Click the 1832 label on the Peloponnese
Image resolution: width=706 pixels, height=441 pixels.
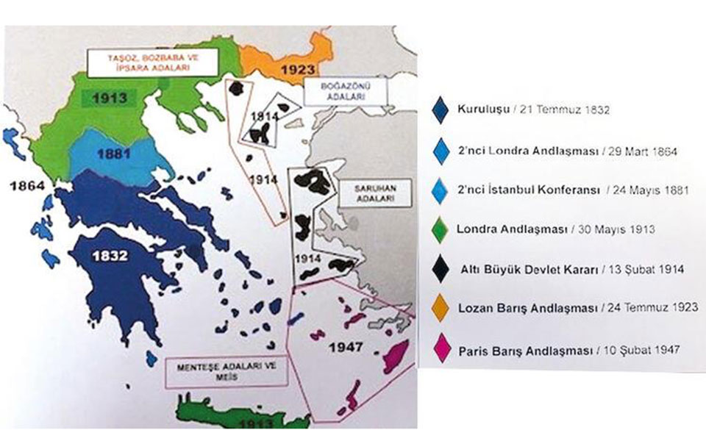[111, 257]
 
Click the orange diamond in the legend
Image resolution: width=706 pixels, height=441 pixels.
[442, 308]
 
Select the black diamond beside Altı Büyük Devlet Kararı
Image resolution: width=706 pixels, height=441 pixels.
[442, 268]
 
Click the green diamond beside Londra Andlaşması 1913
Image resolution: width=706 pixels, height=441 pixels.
[442, 229]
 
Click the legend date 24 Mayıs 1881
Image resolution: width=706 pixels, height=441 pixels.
[649, 190]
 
